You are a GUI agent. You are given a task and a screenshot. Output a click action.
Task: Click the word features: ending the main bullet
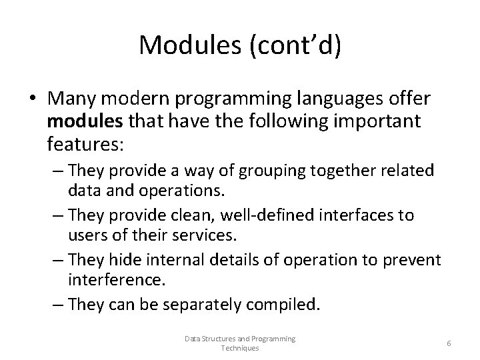(x=79, y=143)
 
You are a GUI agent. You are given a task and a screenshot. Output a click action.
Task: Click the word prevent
(x=413, y=260)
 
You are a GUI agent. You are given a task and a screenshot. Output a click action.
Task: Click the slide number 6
(x=449, y=343)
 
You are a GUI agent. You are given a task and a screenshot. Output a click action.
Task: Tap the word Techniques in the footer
(x=239, y=349)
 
